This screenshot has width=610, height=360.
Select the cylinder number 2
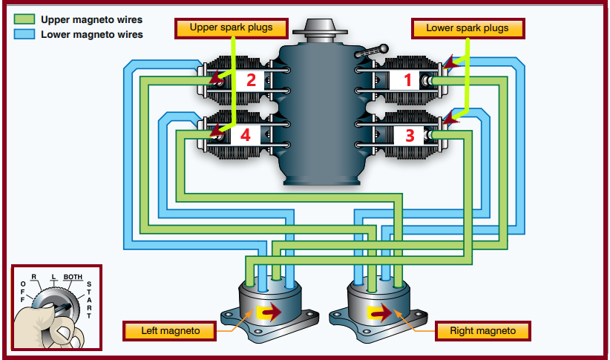[250, 79]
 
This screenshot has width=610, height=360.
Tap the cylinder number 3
[409, 135]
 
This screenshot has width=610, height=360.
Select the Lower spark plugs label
[467, 28]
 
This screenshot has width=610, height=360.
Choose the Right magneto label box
[482, 330]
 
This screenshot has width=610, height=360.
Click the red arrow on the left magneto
[269, 312]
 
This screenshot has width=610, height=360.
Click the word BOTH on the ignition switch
[73, 277]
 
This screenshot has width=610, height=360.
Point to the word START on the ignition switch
[90, 300]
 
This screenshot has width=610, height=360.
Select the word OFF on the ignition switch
[23, 292]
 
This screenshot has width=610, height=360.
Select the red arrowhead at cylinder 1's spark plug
[450, 65]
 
